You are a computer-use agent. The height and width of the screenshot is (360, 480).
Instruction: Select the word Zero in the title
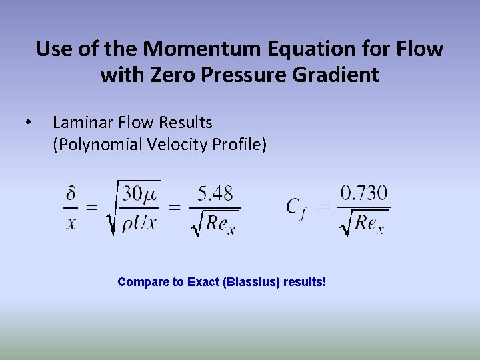tap(176, 75)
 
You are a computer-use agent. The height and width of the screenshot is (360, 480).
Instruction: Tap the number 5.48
tap(215, 194)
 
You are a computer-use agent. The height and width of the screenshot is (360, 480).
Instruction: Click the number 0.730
tap(363, 193)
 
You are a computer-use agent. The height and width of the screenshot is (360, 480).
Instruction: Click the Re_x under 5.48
tap(220, 223)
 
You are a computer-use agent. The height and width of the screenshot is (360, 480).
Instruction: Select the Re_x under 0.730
tap(369, 223)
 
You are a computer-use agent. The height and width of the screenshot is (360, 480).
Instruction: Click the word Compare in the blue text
tap(142, 282)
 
